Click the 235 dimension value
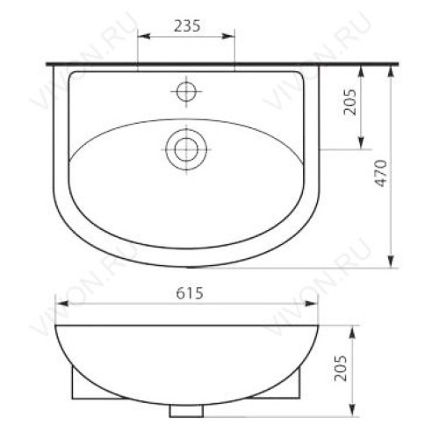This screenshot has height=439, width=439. [x=187, y=26]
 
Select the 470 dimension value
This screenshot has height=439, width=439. [x=382, y=173]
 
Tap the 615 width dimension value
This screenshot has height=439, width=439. [x=190, y=293]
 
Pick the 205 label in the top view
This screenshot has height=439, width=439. [x=350, y=102]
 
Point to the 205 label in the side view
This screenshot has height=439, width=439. [x=341, y=369]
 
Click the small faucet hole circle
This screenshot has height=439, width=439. [x=186, y=91]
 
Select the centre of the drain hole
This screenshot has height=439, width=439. [x=186, y=149]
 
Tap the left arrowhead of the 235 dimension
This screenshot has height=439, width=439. [x=144, y=36]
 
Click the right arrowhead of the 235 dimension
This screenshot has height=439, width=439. [x=228, y=36]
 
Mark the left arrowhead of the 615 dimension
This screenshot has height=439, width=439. [x=61, y=304]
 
